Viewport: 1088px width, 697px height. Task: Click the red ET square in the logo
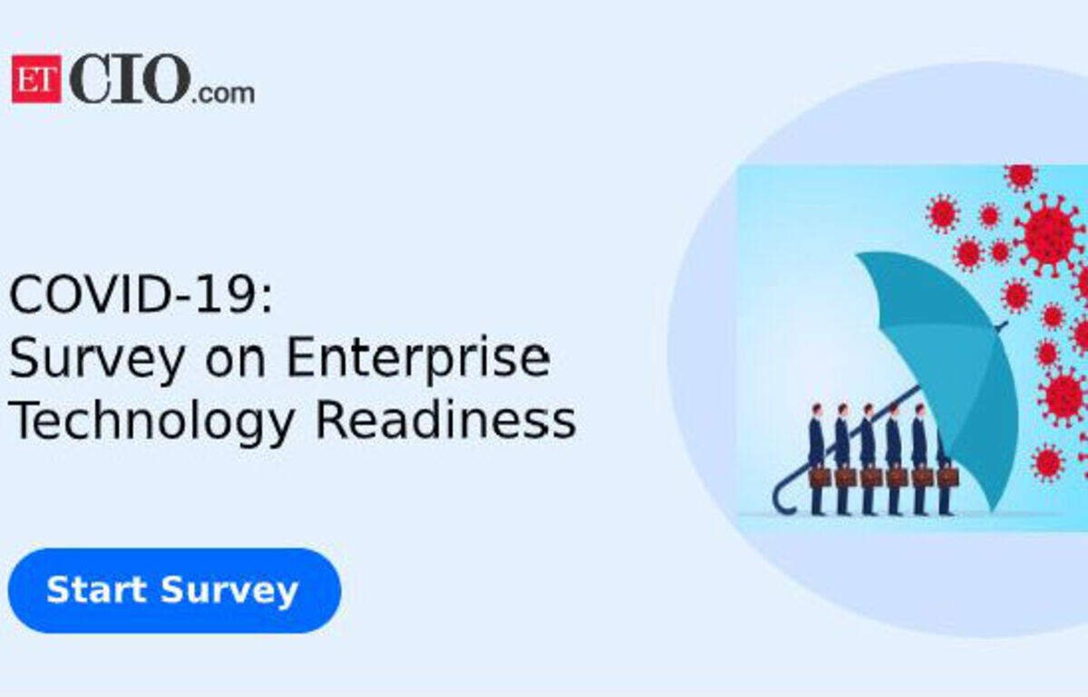coord(36,79)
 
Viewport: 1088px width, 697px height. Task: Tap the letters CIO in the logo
coord(129,78)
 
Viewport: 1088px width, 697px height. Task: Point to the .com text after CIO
coord(223,93)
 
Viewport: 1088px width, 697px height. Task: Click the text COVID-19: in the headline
coord(141,295)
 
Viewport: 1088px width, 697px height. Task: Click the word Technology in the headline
coord(151,421)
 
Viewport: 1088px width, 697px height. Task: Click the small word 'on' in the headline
coord(236,363)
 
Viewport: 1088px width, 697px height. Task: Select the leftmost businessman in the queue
coord(817,460)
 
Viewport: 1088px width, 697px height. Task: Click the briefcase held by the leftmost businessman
coord(819,477)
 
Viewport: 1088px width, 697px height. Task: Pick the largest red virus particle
coord(1049,236)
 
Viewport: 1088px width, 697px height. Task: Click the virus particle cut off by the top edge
coord(1021,177)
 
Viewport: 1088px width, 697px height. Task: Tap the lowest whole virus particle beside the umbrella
coord(1048,463)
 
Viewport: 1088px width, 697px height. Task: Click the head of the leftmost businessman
coord(817,410)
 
